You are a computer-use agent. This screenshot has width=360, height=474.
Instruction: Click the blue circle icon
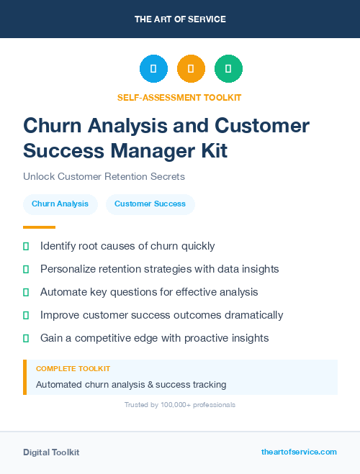coord(153,69)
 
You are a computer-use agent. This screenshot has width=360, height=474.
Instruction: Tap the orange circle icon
coord(191,69)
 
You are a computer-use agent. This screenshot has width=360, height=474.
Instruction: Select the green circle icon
coord(228,69)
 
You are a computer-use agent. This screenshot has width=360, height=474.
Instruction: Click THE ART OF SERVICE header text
coord(180,19)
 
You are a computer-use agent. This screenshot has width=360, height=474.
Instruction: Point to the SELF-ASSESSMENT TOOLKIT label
coord(180,97)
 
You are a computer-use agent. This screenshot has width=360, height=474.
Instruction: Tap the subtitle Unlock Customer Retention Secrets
coord(104,176)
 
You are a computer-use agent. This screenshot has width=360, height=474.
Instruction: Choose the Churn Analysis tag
coord(60,204)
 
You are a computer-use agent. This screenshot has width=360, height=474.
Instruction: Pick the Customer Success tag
coord(150,204)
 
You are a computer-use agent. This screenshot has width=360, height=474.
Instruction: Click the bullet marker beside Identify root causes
coord(26,247)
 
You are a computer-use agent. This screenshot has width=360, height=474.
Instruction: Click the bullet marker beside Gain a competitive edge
coord(26,338)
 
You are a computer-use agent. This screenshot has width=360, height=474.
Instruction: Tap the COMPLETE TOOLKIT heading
coord(73,368)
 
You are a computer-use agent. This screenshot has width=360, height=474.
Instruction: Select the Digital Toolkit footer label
coord(51,452)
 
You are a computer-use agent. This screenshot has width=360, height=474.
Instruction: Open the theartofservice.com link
coord(299,452)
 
